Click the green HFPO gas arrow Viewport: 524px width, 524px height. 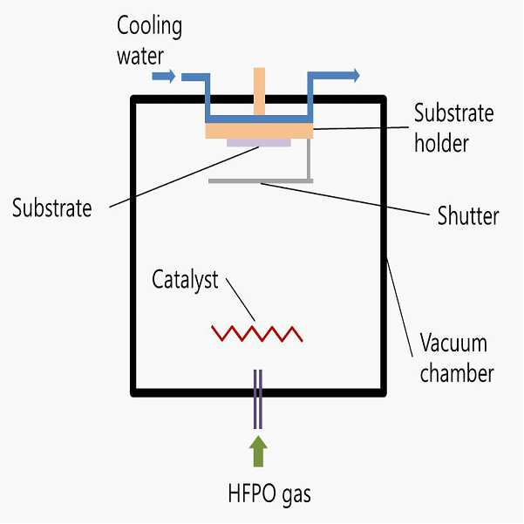coord(258,451)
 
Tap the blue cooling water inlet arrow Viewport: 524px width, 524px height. coord(164,76)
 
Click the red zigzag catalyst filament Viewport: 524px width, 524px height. coord(257,334)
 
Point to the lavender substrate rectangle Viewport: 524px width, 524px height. coord(259,143)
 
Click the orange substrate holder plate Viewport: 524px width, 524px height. coord(259,131)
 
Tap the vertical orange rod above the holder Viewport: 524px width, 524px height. coord(259,92)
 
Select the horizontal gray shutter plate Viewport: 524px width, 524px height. coord(261,181)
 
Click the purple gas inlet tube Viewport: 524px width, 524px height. coord(258,399)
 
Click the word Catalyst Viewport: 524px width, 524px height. coord(185,280)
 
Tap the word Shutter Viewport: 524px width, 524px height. coord(468,216)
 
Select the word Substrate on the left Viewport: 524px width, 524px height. coord(51,208)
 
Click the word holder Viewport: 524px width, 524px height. coord(441,143)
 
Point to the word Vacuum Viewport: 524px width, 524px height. coord(453,343)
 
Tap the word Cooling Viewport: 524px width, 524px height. coord(149,27)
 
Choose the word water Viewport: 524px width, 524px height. coord(140,56)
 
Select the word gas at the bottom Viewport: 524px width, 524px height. coord(296,495)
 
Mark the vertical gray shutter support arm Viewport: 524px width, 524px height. coord(310,159)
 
